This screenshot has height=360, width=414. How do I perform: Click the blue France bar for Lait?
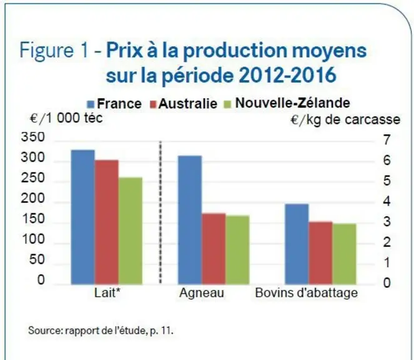[x=83, y=217]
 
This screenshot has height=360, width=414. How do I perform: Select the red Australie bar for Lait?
[x=107, y=222]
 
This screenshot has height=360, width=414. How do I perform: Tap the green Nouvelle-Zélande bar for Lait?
[x=131, y=231]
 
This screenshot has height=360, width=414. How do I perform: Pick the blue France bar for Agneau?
[x=190, y=220]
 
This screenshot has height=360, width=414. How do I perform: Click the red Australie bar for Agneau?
[x=214, y=249]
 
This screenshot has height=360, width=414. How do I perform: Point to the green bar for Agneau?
[x=238, y=250]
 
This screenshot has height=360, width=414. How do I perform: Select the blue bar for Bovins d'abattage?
[x=297, y=244]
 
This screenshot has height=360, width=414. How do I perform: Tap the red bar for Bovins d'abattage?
[x=320, y=253]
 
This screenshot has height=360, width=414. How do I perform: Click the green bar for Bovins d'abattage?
[x=344, y=254]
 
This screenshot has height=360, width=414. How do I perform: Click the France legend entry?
[x=114, y=104]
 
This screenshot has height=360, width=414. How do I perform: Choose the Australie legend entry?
[x=184, y=104]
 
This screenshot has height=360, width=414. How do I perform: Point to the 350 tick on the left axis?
[x=32, y=137]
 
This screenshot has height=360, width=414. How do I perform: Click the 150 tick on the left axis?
[x=32, y=219]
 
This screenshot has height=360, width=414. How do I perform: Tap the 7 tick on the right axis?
[x=387, y=140]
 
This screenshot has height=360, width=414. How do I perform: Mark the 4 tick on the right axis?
[x=387, y=201]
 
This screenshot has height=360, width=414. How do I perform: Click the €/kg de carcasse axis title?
[x=345, y=120]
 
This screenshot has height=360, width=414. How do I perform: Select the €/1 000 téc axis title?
[x=66, y=117]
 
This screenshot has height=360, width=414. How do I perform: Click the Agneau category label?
[x=202, y=293]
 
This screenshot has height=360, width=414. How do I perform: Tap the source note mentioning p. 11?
[x=101, y=331]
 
